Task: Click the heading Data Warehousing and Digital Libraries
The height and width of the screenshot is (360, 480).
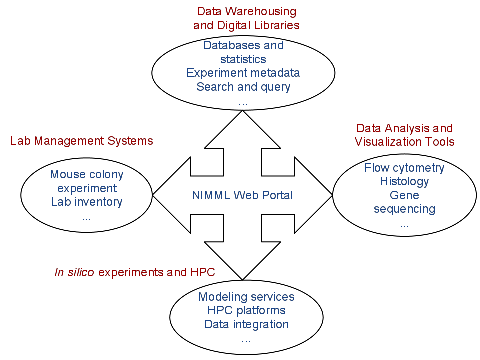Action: pos(246,18)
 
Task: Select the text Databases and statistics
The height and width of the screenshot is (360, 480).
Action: pos(243,52)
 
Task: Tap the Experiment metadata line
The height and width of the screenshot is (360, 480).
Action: pos(243,73)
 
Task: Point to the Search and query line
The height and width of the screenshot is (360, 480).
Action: pos(243,87)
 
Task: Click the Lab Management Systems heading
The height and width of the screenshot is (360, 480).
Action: pos(82,141)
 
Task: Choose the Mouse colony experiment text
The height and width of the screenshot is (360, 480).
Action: pos(87,181)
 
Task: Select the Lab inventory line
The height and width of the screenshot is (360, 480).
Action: pos(87,202)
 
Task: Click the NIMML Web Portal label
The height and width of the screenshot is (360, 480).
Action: pos(242,195)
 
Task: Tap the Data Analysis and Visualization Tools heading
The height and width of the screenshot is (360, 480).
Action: pos(404,135)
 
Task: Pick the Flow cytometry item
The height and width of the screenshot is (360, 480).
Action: pos(404,168)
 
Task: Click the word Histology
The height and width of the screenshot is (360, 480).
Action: pos(404,181)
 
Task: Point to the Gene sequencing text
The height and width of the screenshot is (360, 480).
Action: pos(404,202)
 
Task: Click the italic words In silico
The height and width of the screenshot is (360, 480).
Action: pos(74,272)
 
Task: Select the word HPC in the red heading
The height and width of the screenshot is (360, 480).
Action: pos(203,272)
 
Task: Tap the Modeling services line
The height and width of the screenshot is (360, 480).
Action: pos(246,297)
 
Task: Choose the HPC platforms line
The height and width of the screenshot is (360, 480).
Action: pos(246,310)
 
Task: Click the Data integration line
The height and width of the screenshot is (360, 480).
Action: pos(246,324)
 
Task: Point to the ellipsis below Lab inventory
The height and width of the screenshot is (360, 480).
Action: pos(87,218)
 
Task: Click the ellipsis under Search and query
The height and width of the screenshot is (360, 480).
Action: pos(243,103)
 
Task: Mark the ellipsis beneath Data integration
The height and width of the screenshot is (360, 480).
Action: pos(246,340)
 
